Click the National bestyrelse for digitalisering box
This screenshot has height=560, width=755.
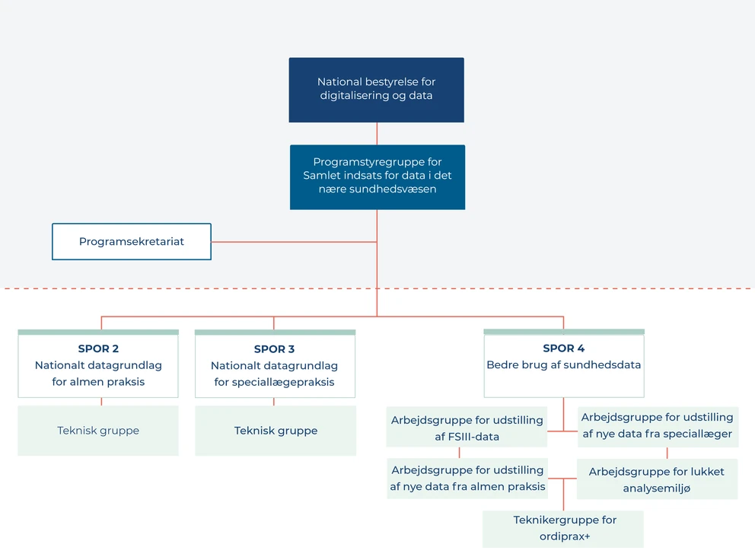376,90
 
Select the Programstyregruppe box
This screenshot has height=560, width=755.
377,177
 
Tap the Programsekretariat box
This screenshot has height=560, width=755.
132,242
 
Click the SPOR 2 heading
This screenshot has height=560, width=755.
98,349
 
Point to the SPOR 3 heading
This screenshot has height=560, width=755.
274,349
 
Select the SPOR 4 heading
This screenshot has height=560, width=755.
563,348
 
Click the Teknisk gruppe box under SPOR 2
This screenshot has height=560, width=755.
98,431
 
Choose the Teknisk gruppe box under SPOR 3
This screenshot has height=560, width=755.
276,431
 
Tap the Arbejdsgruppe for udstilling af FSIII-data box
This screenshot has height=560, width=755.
467,428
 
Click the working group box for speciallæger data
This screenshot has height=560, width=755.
657,426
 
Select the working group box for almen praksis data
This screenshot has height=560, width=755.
467,479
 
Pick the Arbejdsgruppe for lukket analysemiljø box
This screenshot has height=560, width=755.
657,479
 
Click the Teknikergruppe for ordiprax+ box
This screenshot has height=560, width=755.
563,529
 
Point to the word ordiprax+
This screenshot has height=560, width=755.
565,536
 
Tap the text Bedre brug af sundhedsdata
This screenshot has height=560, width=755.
563,365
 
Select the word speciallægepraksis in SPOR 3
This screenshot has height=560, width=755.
274,382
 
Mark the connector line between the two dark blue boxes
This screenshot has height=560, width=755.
377,133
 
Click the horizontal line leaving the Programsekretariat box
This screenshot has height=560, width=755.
293,242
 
